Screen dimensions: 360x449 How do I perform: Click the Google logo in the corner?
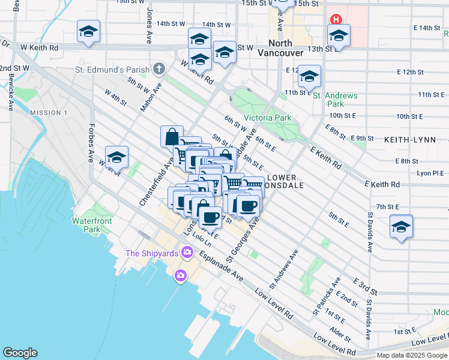[20, 353]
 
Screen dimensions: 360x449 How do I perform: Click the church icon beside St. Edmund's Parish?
[158, 68]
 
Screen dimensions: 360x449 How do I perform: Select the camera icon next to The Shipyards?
[187, 253]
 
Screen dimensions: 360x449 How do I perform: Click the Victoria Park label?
[267, 118]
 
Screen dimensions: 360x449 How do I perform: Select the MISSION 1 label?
[49, 113]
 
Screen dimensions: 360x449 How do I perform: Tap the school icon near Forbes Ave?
[116, 157]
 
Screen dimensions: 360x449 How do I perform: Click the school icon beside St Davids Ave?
[401, 226]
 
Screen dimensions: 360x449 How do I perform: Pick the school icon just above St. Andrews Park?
[309, 76]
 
